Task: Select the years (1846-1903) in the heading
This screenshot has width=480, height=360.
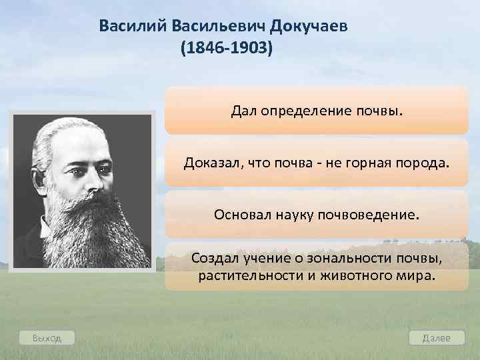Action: [226, 50]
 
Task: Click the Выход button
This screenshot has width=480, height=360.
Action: [47, 338]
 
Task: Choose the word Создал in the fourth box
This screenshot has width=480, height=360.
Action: [213, 258]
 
